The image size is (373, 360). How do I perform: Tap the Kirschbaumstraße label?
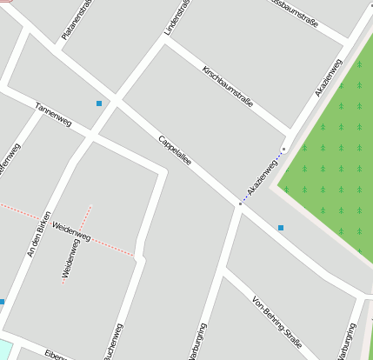227,86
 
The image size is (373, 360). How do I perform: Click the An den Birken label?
40,234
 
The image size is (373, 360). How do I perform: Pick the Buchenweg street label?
112,344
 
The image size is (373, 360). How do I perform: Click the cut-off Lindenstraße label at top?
177,18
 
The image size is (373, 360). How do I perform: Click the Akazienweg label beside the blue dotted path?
262,176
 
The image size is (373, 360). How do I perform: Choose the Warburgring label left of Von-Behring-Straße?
199,343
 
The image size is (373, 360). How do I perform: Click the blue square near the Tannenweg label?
99,103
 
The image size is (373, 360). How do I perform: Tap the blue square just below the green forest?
281,228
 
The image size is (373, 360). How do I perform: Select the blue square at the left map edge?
2,302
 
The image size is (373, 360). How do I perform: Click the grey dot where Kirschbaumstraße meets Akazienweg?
283,149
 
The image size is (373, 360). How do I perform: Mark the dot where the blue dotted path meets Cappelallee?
240,203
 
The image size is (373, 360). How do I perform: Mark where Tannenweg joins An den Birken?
90,136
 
